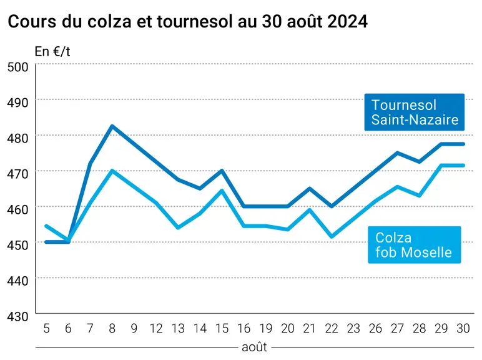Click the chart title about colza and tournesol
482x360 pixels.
click(x=187, y=21)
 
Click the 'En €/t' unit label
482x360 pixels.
click(x=52, y=52)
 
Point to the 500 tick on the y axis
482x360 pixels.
click(x=17, y=67)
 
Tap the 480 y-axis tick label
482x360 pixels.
click(x=17, y=138)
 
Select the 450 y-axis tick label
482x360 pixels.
click(x=17, y=245)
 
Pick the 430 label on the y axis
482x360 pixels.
click(x=17, y=316)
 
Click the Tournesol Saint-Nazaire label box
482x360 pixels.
click(x=415, y=112)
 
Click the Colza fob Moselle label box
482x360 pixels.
click(x=415, y=245)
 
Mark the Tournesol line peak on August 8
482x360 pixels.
click(x=112, y=126)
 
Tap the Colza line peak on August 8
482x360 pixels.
click(x=112, y=170)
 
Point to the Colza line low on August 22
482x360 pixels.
click(x=332, y=237)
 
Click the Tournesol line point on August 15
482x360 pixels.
click(x=222, y=170)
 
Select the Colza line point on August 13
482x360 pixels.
click(x=179, y=227)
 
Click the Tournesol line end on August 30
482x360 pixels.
click(x=463, y=144)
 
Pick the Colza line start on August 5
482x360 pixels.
click(x=46, y=226)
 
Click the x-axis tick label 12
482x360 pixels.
click(x=156, y=329)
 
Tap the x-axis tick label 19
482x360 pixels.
click(x=265, y=329)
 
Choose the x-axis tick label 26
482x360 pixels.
click(x=375, y=329)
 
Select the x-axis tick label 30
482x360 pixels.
click(x=463, y=329)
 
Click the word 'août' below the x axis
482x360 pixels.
click(x=254, y=347)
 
